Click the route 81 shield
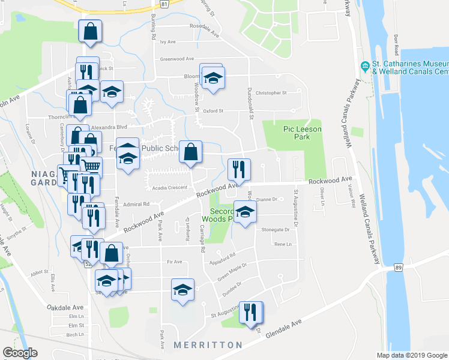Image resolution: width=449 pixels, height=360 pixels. click(172, 3)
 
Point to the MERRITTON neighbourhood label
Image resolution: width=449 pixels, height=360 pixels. click(208, 345)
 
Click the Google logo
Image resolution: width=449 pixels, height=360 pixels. click(20, 353)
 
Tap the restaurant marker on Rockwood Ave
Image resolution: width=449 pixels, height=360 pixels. click(239, 170)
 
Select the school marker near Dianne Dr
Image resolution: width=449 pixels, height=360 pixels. click(245, 212)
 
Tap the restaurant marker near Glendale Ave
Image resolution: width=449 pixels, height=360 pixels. click(251, 312)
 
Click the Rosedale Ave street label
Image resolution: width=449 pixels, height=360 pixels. click(204, 26)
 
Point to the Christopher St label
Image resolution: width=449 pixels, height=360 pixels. click(272, 93)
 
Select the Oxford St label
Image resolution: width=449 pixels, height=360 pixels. click(212, 110)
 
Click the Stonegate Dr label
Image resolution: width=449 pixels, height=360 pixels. click(276, 229)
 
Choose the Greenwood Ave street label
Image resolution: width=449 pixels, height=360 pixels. click(177, 59)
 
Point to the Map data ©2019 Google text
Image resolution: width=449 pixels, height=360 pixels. click(411, 355)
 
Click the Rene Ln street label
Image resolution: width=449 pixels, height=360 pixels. click(282, 244)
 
